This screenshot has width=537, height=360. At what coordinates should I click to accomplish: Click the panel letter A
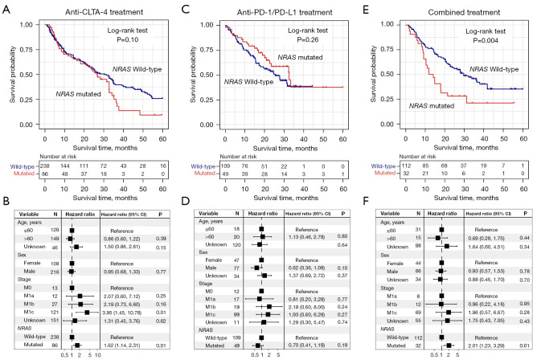(x=6, y=7)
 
